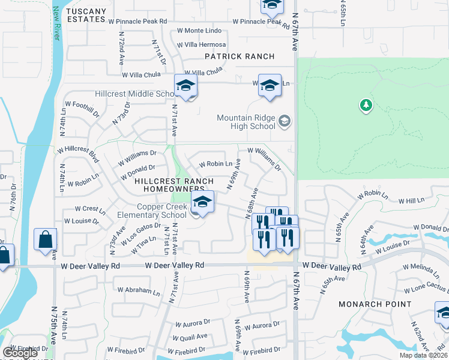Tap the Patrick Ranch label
click(x=240, y=56)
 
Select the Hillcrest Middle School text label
click(x=134, y=94)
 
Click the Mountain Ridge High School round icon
click(x=285, y=122)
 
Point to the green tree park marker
click(x=366, y=106)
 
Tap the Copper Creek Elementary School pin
click(x=203, y=203)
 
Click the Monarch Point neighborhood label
click(x=375, y=304)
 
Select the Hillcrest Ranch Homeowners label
click(x=174, y=185)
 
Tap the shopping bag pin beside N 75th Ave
click(x=46, y=241)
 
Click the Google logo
click(x=20, y=353)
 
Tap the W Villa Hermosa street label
click(x=200, y=45)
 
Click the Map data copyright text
click(x=424, y=355)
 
